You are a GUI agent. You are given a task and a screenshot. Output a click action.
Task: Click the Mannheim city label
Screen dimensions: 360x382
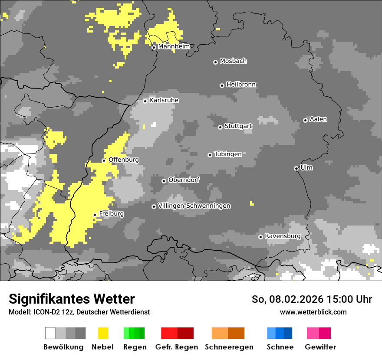[174, 46]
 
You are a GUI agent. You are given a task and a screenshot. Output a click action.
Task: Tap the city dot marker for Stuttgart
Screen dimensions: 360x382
[221, 127]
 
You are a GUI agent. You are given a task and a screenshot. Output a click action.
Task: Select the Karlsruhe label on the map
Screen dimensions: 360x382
[164, 100]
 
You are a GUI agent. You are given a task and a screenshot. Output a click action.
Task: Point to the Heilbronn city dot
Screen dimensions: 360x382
[222, 85]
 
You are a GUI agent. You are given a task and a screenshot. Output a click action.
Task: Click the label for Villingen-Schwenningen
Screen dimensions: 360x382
[194, 206]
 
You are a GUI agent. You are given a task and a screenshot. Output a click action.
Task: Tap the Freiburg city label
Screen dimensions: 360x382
[112, 214]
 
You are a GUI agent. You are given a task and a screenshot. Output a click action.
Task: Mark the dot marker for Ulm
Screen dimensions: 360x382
[296, 168]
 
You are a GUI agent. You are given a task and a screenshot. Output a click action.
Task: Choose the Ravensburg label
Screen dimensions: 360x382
[283, 236]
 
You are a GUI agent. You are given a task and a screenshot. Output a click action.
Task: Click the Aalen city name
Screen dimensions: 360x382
[318, 119]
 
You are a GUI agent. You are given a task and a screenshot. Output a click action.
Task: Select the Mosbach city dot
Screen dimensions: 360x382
[215, 62]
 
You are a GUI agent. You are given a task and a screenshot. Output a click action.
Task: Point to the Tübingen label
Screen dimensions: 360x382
[228, 154]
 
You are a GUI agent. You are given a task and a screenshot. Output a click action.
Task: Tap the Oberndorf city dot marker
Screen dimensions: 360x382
[164, 181]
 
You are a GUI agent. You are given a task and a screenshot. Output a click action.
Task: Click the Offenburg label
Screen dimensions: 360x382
[124, 160]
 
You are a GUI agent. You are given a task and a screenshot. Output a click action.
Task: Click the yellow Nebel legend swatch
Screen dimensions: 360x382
[103, 333]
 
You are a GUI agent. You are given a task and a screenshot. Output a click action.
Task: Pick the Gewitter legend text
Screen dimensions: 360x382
[320, 347]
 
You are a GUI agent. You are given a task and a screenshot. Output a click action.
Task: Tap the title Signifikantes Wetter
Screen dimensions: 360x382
[72, 299]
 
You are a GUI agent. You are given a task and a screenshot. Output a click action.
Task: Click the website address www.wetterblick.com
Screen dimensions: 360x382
[313, 312]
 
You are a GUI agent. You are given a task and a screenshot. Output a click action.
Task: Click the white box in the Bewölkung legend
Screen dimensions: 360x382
[50, 333]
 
